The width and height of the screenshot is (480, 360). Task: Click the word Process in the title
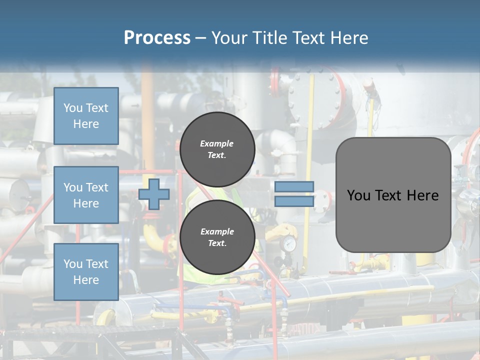pos(157,38)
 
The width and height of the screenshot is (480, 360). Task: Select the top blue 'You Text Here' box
pos(86,116)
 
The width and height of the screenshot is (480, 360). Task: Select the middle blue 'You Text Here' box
pos(86,195)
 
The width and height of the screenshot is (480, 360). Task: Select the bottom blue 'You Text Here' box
pos(86,272)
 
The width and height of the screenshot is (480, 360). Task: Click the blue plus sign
pos(154,194)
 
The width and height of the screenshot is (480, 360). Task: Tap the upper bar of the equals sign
pos(294,187)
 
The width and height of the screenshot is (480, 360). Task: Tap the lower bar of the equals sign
pos(294,201)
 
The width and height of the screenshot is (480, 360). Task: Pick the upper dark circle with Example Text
pos(217,149)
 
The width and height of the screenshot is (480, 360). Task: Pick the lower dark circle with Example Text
pos(217,237)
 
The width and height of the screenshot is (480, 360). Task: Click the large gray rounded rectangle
pos(393,195)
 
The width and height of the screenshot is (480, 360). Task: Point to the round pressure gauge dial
pos(288,244)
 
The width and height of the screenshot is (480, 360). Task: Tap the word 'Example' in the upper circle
pos(217,143)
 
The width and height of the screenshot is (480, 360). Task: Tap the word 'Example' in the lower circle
pos(217,231)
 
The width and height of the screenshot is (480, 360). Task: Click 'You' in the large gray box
pos(358,195)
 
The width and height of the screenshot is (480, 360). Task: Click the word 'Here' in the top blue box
pos(86,124)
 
